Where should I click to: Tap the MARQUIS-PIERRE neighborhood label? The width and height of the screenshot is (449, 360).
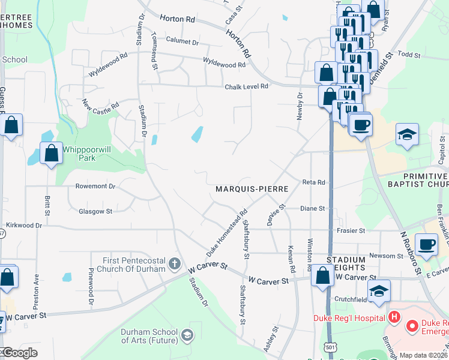click(252, 188)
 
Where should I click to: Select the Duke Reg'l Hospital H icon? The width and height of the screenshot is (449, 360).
click(394, 317)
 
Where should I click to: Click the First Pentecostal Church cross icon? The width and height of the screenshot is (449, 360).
click(174, 263)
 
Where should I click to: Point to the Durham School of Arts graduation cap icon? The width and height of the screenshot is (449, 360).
click(187, 335)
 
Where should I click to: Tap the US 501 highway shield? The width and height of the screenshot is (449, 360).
click(330, 347)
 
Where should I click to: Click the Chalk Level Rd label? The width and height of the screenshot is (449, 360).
click(246, 86)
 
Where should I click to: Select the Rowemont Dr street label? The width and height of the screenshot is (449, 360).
click(95, 187)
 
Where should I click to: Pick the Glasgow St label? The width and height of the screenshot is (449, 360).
click(95, 211)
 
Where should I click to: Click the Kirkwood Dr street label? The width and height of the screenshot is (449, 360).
click(23, 226)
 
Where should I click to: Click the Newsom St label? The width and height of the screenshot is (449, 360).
click(387, 256)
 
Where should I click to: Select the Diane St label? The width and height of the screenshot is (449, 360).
click(312, 209)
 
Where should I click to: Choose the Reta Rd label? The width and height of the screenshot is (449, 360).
click(313, 182)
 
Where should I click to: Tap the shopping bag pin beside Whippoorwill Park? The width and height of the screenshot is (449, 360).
click(52, 153)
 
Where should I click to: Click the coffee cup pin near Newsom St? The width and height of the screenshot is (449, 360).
click(427, 245)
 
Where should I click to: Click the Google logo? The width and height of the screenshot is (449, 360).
click(19, 353)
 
